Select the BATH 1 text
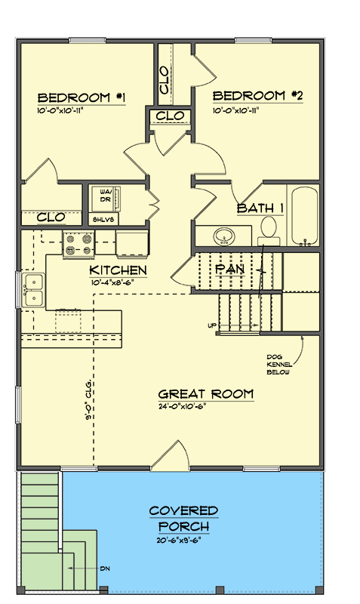coord(260,208)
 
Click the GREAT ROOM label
coord(205,394)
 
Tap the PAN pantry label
coord(229,269)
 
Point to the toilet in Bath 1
coord(269,229)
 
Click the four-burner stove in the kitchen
coord(80,245)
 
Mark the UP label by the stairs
coord(212,325)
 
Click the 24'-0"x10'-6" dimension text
coord(182,406)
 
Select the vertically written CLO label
coord(165,79)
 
